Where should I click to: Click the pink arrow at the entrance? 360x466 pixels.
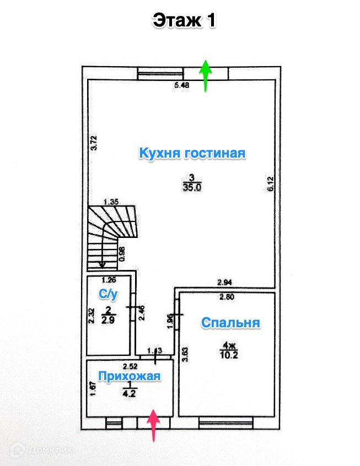pyautogui.click(x=154, y=425)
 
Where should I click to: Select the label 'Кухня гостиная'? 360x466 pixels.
pyautogui.click(x=192, y=153)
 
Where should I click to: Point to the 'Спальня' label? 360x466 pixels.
pyautogui.click(x=230, y=323)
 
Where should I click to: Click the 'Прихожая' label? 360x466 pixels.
pyautogui.click(x=130, y=376)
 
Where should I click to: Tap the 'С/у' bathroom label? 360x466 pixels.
pyautogui.click(x=108, y=295)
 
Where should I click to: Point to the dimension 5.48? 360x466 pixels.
pyautogui.click(x=182, y=85)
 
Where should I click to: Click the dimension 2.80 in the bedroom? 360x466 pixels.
pyautogui.click(x=227, y=297)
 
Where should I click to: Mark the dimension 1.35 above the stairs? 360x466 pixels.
pyautogui.click(x=111, y=202)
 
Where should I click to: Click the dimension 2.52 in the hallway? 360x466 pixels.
pyautogui.click(x=130, y=366)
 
